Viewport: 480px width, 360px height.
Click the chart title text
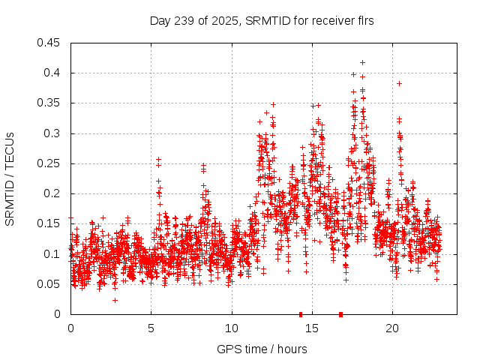[262, 21]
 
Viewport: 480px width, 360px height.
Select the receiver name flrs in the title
[363, 21]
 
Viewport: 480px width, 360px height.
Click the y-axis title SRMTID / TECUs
[10, 178]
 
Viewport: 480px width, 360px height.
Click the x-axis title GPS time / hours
[262, 349]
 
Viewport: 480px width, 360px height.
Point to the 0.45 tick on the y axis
[50, 43]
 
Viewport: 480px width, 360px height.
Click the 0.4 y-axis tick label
[53, 73]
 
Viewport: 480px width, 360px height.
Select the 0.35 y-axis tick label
[50, 103]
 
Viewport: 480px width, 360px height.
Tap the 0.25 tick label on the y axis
[50, 163]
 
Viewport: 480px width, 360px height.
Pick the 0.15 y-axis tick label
[50, 223]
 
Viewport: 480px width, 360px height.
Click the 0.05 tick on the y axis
[50, 284]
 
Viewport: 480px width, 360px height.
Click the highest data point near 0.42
[363, 62]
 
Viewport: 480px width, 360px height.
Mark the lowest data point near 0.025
[115, 300]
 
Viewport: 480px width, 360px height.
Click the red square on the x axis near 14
[301, 314]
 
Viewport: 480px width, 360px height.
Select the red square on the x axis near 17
[341, 314]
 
